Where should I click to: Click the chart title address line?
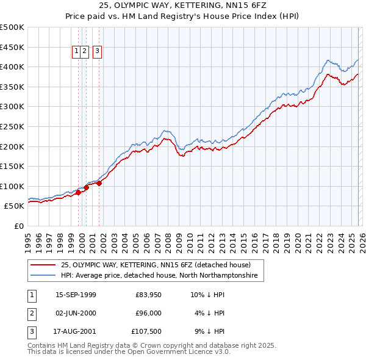point(183,5)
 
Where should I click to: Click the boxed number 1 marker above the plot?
point(77,52)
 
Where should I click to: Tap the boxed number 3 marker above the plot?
point(98,52)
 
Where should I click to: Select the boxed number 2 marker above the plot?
point(85,52)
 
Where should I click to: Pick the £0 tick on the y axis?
point(19,226)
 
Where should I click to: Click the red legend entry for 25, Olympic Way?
point(156,265)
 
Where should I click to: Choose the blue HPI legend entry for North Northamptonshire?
point(159,276)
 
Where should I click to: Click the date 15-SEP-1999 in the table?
point(76,295)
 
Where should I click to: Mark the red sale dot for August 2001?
point(99,184)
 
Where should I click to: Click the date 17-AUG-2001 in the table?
point(76,331)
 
